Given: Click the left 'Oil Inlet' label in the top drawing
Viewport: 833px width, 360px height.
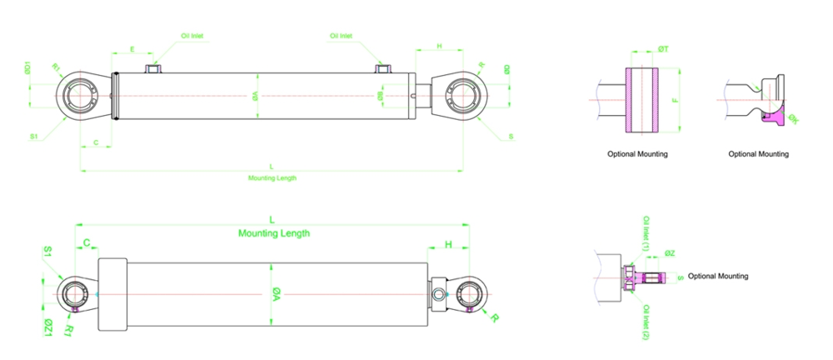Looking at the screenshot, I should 192,37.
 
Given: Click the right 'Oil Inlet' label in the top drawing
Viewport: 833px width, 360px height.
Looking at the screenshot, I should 341,37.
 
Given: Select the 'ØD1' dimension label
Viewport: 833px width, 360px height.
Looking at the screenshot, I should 27,69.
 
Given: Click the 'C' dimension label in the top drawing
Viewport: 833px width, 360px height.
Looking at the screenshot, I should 96,143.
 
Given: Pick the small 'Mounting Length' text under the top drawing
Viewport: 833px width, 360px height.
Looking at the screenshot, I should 272,177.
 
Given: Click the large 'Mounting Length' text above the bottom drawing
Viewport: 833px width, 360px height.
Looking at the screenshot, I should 274,233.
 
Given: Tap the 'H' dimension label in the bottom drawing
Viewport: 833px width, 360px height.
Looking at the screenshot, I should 448,245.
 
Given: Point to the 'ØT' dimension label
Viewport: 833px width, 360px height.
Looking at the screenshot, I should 663,50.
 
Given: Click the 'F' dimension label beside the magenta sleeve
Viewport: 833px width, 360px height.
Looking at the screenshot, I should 673,100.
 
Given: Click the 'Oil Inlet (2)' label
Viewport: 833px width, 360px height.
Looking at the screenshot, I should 646,322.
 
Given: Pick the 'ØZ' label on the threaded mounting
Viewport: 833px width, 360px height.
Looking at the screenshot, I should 671,253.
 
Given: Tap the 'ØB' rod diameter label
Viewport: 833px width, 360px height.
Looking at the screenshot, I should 381,96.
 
